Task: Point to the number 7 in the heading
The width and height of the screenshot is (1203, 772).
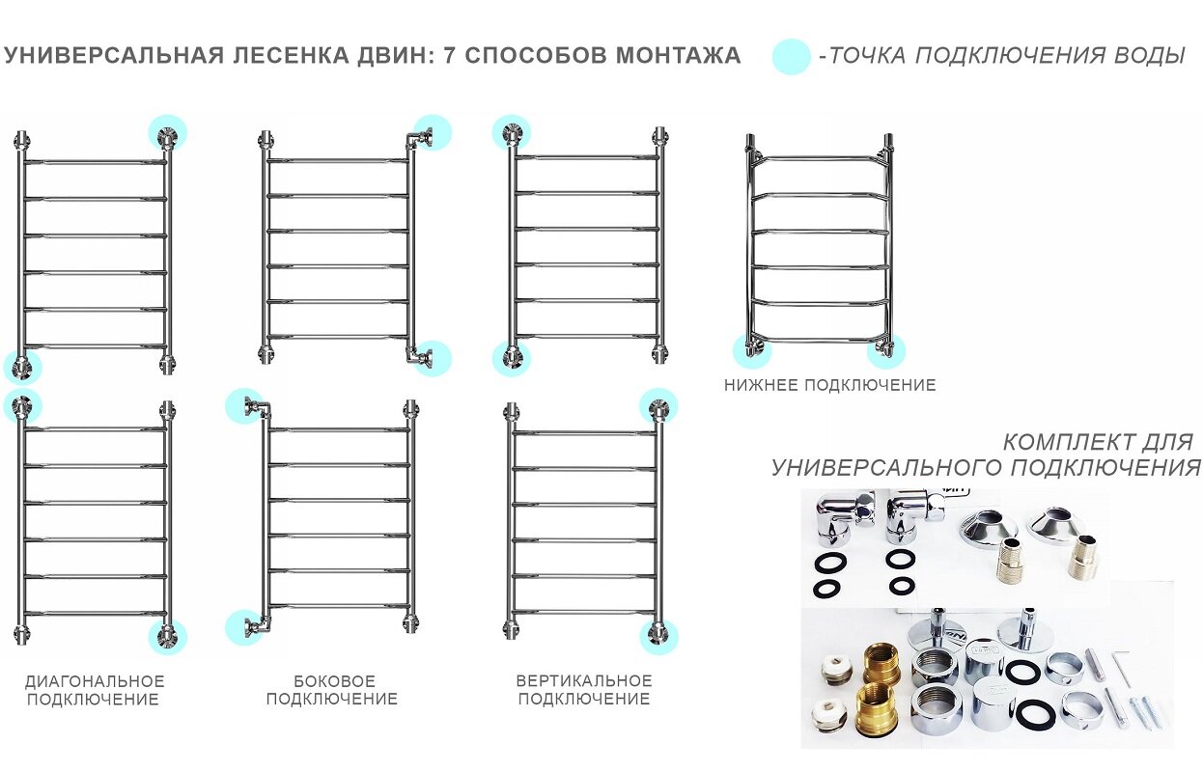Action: pyautogui.click(x=449, y=56)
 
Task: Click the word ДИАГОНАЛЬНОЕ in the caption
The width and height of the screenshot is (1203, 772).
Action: pyautogui.click(x=95, y=681)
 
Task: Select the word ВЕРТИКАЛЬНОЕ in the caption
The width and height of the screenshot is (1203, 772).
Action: pyautogui.click(x=584, y=681)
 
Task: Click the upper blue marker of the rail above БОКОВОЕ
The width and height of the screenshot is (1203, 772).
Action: pyautogui.click(x=244, y=406)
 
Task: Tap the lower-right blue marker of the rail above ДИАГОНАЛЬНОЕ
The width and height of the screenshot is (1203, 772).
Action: pyautogui.click(x=168, y=636)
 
